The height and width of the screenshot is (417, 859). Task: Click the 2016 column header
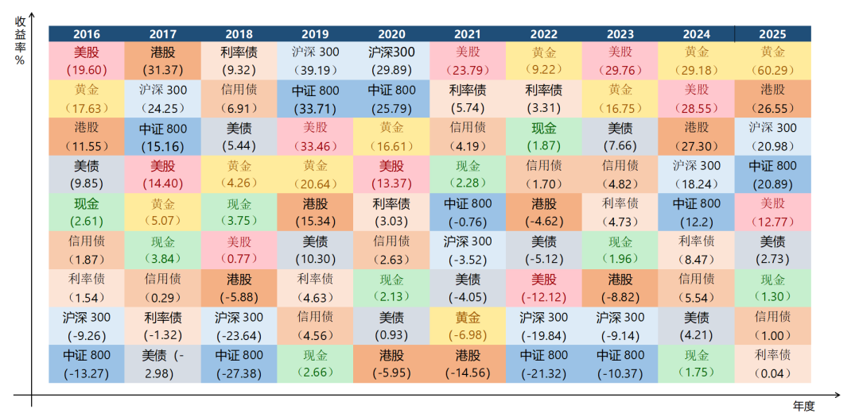click(x=86, y=34)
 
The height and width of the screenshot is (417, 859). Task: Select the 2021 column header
click(x=467, y=34)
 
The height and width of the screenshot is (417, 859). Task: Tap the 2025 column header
click(x=772, y=34)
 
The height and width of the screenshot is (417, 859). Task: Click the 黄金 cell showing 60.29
click(x=772, y=60)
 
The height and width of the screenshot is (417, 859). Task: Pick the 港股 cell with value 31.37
click(x=163, y=60)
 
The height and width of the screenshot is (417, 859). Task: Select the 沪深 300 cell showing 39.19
click(x=315, y=60)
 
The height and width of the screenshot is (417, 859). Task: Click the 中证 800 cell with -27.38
click(x=239, y=364)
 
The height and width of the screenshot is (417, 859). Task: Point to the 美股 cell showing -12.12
click(x=543, y=288)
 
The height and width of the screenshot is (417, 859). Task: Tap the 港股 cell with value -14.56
click(x=467, y=364)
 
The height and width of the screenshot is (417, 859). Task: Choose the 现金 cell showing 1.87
click(x=543, y=136)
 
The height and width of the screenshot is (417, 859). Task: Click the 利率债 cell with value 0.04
click(x=772, y=364)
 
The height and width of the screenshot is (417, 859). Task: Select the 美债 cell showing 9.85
click(x=86, y=174)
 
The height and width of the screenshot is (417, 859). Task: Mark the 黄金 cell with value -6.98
click(x=467, y=326)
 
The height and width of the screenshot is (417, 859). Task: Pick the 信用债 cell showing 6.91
click(x=239, y=98)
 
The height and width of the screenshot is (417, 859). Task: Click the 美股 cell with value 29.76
click(x=620, y=60)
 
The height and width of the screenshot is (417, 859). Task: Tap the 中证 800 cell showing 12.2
click(x=696, y=212)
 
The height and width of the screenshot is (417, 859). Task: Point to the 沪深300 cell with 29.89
click(x=391, y=60)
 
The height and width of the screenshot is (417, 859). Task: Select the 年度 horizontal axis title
click(x=803, y=406)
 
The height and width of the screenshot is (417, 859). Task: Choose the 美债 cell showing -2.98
click(x=163, y=364)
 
